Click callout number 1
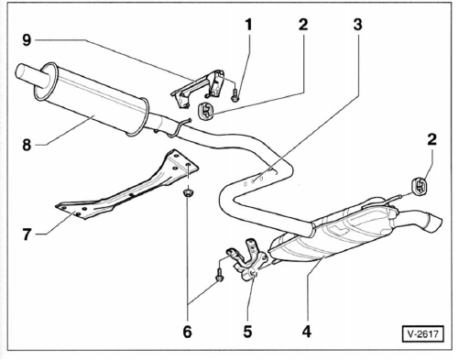click(x=249, y=25)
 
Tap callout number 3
click(x=357, y=25)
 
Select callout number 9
click(x=27, y=39)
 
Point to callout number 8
click(x=27, y=145)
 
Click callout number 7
click(x=27, y=235)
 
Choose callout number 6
click(x=187, y=332)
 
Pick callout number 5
click(x=247, y=332)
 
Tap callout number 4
click(x=307, y=332)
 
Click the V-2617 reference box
click(x=422, y=333)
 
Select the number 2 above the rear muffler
click(x=432, y=140)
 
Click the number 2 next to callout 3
click(x=303, y=25)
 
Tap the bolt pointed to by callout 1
click(x=235, y=95)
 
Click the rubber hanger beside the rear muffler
click(x=420, y=185)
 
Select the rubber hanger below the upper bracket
click(x=206, y=111)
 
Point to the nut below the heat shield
click(x=187, y=193)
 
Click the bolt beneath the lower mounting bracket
click(x=219, y=274)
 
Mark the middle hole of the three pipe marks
click(x=253, y=181)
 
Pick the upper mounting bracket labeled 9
click(x=199, y=89)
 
